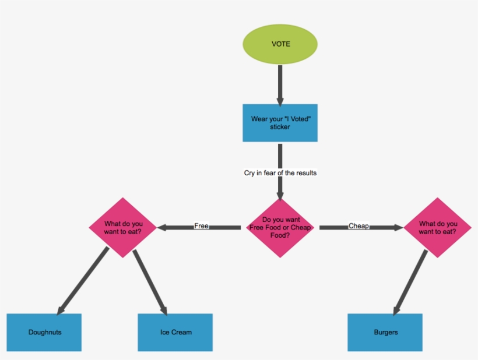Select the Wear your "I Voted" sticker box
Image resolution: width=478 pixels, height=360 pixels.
(x=280, y=123)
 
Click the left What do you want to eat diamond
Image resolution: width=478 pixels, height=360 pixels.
(x=123, y=227)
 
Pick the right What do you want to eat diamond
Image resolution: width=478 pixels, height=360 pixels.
(x=437, y=227)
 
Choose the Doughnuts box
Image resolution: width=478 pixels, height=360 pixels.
(x=44, y=333)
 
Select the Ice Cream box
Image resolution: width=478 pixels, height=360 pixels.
(x=175, y=333)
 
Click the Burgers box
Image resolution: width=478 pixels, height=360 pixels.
(x=385, y=333)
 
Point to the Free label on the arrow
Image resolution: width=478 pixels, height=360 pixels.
(x=201, y=226)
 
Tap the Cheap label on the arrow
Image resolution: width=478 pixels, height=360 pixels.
(x=358, y=226)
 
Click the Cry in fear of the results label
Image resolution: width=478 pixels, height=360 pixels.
(x=280, y=173)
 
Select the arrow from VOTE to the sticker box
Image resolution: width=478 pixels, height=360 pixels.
(x=280, y=84)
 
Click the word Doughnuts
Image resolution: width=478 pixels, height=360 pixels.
(x=45, y=333)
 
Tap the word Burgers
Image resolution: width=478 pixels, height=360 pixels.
(x=385, y=333)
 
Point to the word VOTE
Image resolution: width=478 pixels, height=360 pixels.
(x=280, y=44)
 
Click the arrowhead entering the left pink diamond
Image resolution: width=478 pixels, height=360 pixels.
(x=163, y=227)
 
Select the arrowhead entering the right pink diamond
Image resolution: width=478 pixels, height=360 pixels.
(x=398, y=227)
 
